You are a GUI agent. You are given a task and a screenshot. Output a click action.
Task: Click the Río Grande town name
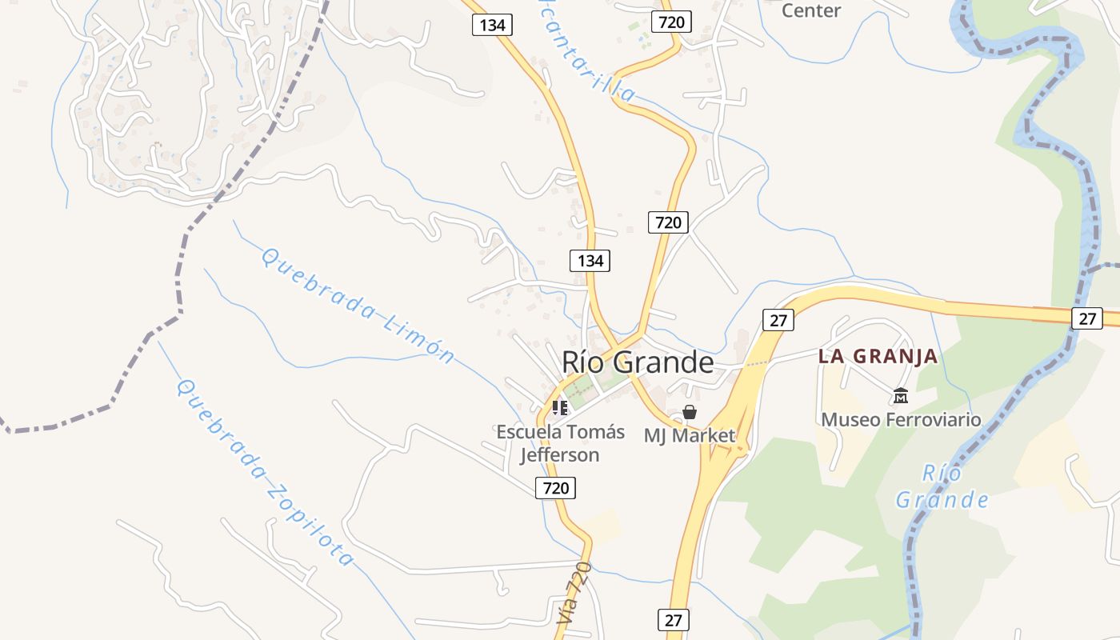coord(638,362)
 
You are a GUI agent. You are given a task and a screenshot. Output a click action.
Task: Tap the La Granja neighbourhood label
coord(878,357)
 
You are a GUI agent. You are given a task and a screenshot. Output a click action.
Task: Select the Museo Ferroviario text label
coord(901,419)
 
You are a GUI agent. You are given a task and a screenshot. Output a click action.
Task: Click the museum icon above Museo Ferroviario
coord(901,395)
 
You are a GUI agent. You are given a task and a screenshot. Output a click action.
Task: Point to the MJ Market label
coord(689,436)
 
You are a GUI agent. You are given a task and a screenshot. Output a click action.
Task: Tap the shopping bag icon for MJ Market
coord(690,413)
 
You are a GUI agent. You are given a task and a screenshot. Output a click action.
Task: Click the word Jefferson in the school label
coord(560,455)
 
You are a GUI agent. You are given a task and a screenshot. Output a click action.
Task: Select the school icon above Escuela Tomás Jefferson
coord(560,408)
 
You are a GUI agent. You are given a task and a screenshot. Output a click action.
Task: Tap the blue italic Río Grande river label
coord(942,486)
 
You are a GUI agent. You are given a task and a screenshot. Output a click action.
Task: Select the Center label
coord(810,10)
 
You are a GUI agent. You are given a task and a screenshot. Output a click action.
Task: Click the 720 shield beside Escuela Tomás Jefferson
coord(555,487)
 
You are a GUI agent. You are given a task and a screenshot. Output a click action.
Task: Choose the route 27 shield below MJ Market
coord(674,620)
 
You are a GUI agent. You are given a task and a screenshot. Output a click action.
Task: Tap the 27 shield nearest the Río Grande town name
coord(778,320)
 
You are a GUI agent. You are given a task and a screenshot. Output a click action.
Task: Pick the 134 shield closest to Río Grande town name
coord(590,260)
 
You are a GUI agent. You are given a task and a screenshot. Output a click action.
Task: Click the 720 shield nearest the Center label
coord(670,22)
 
